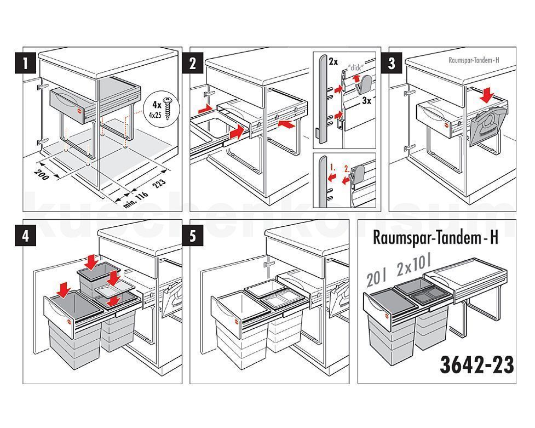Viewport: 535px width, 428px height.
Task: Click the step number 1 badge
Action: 25,64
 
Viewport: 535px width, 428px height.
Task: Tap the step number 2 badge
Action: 192,64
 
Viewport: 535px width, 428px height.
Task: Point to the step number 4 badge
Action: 25,236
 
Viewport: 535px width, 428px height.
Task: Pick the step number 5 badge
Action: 192,236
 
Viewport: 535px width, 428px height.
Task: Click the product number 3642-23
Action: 476,364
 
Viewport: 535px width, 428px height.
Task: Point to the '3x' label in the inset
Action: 367,101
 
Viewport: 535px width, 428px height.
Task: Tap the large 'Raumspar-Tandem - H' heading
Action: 435,238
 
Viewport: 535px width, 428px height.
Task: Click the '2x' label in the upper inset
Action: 333,62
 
